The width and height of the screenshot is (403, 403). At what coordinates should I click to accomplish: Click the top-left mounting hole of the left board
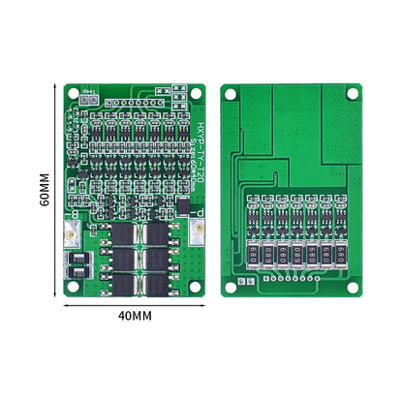[x=75, y=93]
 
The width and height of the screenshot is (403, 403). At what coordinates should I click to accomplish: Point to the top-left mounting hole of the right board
[x=232, y=93]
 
